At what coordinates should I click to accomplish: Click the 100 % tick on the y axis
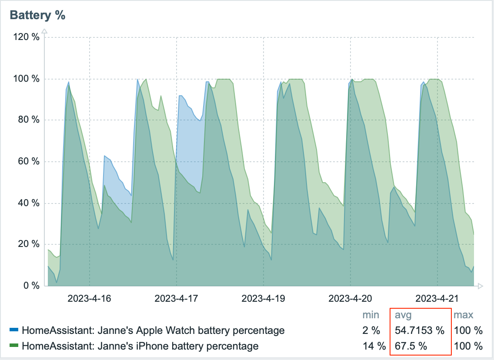pyautogui.click(x=27, y=79)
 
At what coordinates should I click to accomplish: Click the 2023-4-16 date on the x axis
pyautogui.click(x=89, y=299)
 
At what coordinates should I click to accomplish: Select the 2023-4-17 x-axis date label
pyautogui.click(x=176, y=299)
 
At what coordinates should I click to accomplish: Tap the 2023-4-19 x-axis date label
pyautogui.click(x=263, y=299)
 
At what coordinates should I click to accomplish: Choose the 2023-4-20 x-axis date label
pyautogui.click(x=350, y=299)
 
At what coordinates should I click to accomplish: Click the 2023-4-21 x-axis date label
pyautogui.click(x=437, y=299)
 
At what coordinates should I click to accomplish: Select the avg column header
pyautogui.click(x=403, y=315)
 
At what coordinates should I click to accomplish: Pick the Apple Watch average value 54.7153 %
pyautogui.click(x=419, y=330)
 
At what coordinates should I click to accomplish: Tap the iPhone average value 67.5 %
pyautogui.click(x=411, y=346)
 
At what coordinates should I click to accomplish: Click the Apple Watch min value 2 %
pyautogui.click(x=371, y=330)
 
